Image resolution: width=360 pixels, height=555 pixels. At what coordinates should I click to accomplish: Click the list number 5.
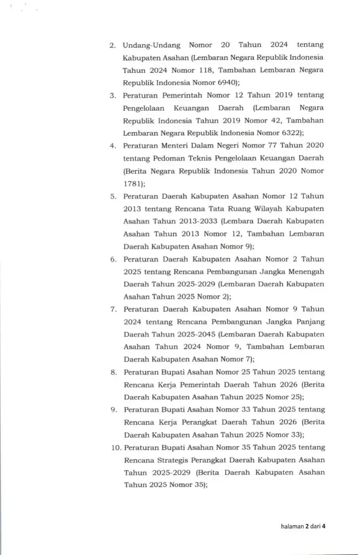tap(113, 196)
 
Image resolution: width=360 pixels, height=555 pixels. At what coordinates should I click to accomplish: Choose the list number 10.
tap(116, 448)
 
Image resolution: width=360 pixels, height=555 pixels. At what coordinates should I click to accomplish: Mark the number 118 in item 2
tap(205, 70)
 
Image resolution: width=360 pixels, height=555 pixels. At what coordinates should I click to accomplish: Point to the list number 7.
tap(114, 310)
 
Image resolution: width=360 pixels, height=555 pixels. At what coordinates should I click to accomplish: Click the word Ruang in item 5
tap(239, 209)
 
